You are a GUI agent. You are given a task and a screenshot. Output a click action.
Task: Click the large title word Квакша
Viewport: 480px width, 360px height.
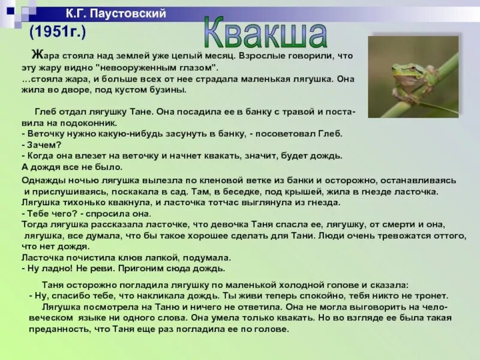coord(265,34)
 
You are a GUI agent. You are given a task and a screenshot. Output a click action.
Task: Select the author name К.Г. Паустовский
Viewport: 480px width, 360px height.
coord(116,14)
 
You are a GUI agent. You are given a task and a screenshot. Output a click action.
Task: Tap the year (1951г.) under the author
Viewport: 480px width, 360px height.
coord(58,31)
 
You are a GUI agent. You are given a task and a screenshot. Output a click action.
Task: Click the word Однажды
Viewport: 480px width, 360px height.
coord(43,180)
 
